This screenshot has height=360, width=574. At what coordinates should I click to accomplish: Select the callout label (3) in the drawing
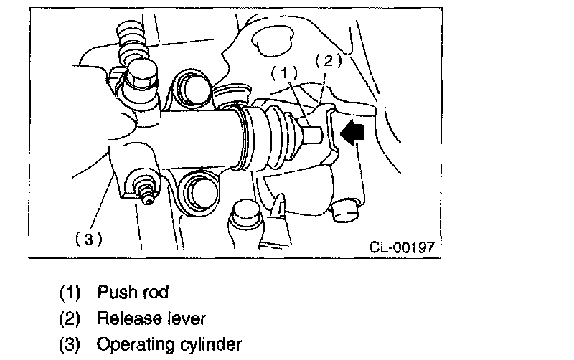point(88,239)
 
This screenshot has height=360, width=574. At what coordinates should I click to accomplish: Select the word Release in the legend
point(124,318)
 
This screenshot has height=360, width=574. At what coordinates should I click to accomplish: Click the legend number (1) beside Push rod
point(70,293)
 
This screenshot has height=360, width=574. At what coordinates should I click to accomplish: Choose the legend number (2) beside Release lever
point(70,318)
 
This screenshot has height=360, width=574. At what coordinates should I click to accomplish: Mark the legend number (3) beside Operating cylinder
point(70,344)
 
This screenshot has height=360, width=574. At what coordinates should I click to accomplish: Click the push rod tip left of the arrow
point(314,134)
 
